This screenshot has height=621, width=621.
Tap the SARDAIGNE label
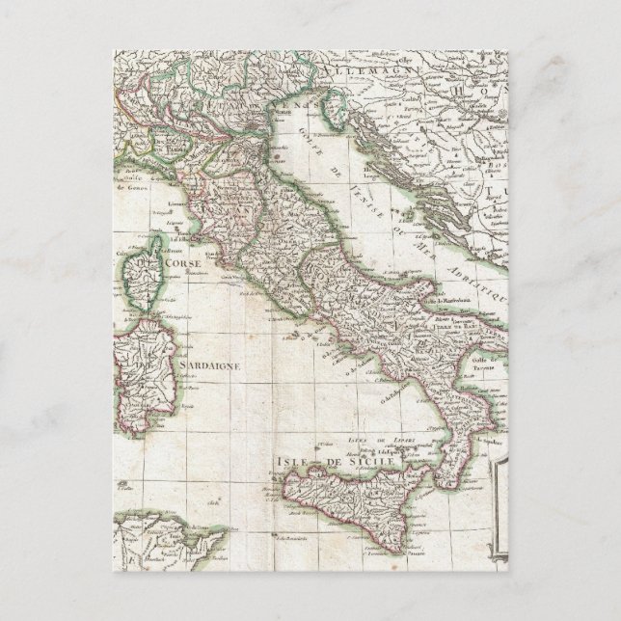(210, 365)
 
